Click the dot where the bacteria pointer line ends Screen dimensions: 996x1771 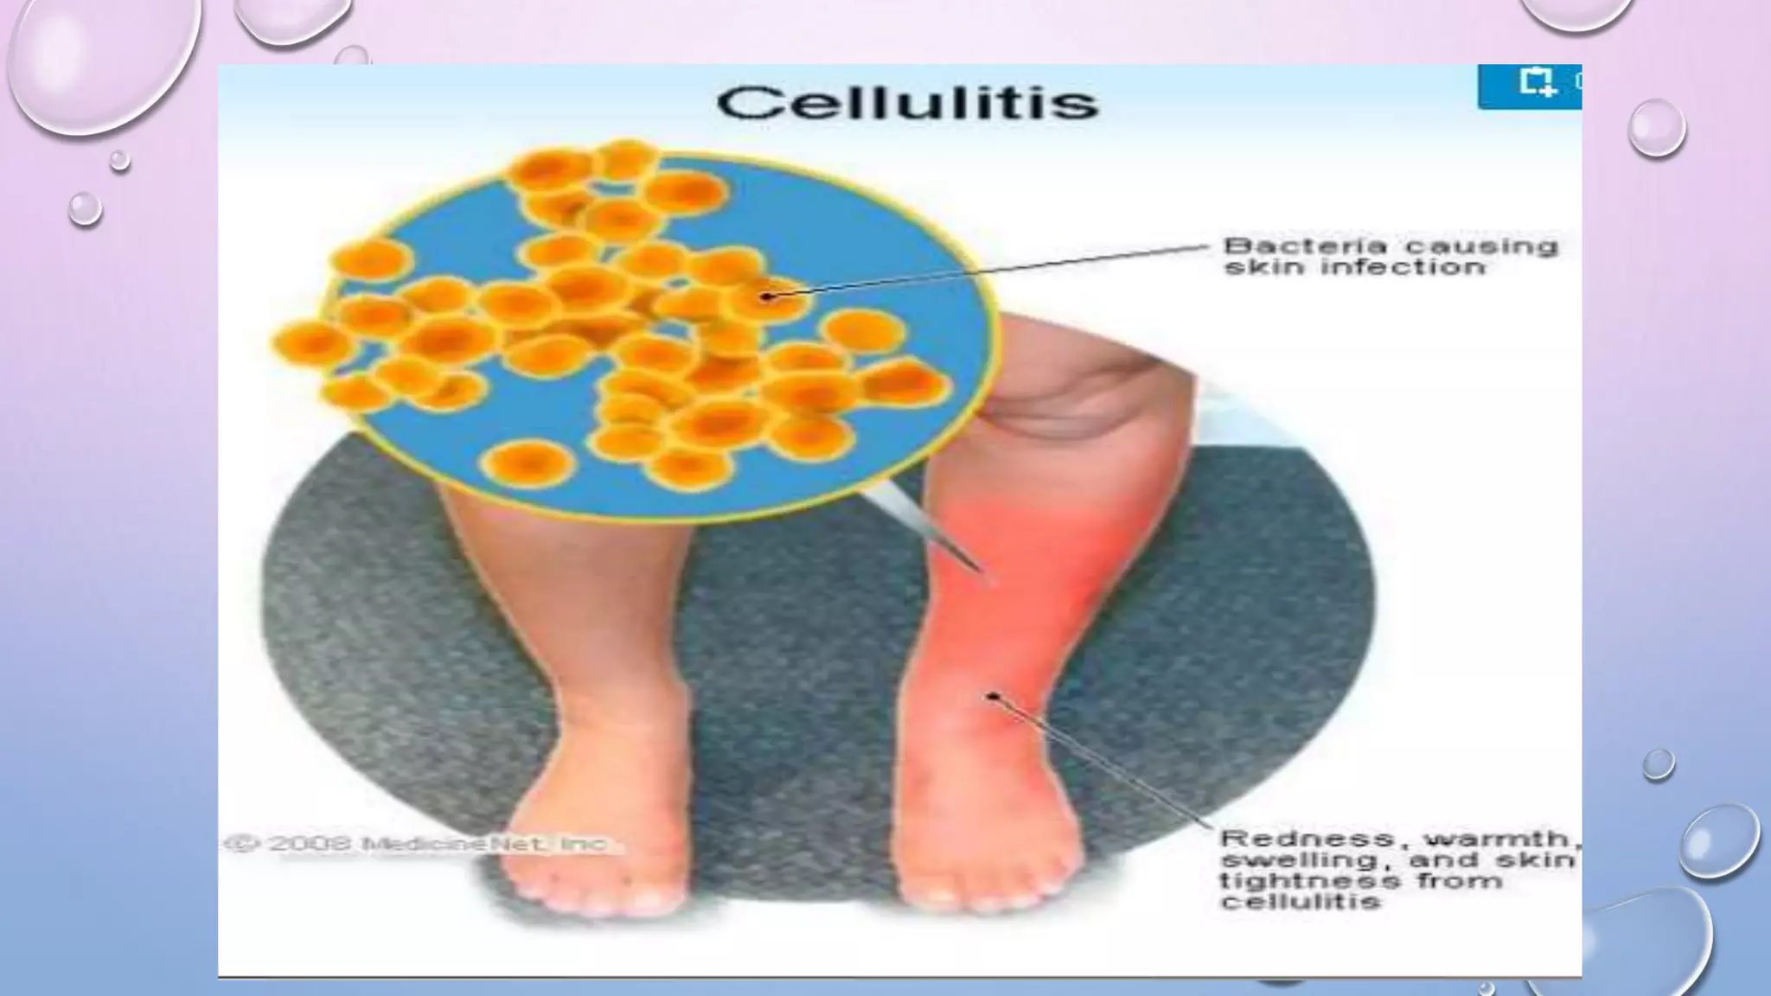coord(766,297)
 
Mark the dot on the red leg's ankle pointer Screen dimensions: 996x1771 coord(994,696)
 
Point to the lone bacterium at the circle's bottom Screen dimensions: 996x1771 coord(527,464)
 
